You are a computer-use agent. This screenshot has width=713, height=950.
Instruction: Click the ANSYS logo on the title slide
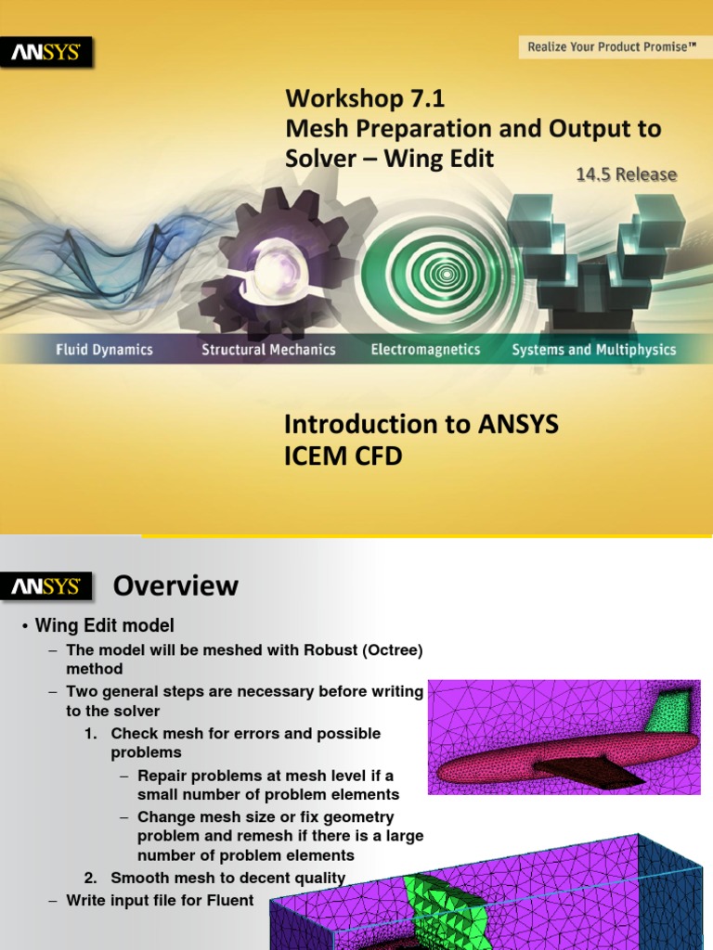[x=46, y=53]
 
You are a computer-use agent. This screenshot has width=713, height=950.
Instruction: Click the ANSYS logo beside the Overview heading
[x=46, y=586]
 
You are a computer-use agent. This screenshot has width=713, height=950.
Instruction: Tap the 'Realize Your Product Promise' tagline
[x=611, y=46]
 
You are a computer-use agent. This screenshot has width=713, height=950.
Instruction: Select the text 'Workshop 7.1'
[x=365, y=98]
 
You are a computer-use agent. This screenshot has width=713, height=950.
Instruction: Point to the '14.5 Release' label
[x=627, y=174]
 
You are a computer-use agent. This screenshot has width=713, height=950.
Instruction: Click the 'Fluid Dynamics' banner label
[x=104, y=350]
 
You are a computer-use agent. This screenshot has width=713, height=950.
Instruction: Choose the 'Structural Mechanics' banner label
[x=268, y=350]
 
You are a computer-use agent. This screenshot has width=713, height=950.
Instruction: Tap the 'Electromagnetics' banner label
[x=425, y=350]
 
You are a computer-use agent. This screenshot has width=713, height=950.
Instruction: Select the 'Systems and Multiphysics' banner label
[x=594, y=350]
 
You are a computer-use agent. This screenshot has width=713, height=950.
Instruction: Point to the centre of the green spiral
[x=447, y=275]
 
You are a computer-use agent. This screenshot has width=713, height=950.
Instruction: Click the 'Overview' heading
[x=175, y=586]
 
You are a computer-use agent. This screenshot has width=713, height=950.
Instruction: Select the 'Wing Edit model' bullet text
[x=104, y=625]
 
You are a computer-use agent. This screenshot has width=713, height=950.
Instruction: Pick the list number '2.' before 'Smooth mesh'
[x=91, y=878]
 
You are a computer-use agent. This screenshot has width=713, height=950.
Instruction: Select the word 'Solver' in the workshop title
[x=320, y=159]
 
